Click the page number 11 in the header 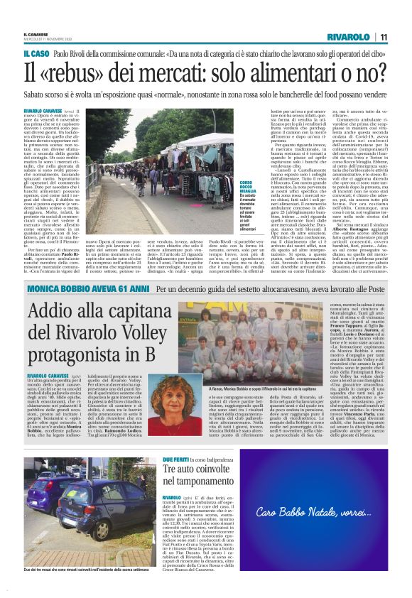383,36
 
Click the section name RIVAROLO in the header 349,36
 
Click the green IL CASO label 36,54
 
